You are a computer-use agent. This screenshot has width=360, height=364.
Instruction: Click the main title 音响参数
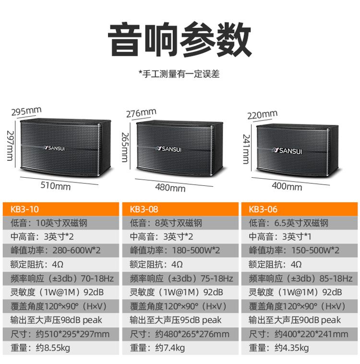pos(180,39)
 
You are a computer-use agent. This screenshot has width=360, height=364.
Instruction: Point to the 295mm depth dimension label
pos(26,111)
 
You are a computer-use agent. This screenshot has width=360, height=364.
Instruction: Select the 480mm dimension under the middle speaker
pos(170,187)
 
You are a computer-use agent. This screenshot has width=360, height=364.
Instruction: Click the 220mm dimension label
pos(262,115)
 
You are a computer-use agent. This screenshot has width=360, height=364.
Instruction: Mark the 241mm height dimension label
pos(246,149)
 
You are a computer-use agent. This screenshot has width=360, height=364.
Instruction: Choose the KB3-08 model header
pos(180,209)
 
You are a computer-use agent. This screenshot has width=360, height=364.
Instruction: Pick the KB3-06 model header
pos(300,209)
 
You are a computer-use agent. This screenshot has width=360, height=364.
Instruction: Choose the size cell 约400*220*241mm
pos(299,334)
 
